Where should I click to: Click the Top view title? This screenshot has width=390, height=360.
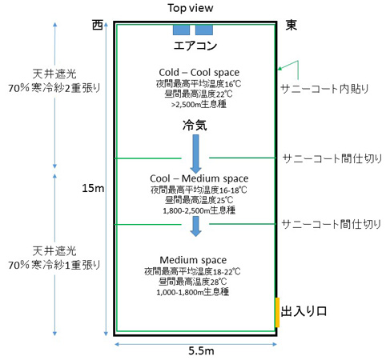(191, 8)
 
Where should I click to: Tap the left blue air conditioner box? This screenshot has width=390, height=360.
(181, 30)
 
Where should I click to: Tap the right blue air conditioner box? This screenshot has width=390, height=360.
(204, 30)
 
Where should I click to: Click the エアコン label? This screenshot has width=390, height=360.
(195, 46)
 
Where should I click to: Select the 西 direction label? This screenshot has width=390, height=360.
(98, 25)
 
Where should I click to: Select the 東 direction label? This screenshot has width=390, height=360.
(291, 26)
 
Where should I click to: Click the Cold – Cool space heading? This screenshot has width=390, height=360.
(199, 72)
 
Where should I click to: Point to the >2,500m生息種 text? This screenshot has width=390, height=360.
(199, 104)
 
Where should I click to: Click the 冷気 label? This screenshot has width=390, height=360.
(195, 125)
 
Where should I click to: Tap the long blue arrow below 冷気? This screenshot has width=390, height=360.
(195, 154)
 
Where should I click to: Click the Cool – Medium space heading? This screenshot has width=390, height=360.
(199, 178)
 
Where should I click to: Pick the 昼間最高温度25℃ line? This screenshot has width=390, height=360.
(199, 200)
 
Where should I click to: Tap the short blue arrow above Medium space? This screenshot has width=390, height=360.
(195, 226)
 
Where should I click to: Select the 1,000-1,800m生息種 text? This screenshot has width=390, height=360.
(192, 292)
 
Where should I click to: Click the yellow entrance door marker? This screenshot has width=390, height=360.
(277, 313)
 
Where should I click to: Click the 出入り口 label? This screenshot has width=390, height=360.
(304, 311)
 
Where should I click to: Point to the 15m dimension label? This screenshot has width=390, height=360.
(93, 189)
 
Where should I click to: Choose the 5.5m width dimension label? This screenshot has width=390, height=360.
(201, 351)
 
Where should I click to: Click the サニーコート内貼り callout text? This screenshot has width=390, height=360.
(324, 89)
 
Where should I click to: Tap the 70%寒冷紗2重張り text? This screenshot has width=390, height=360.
(54, 88)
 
